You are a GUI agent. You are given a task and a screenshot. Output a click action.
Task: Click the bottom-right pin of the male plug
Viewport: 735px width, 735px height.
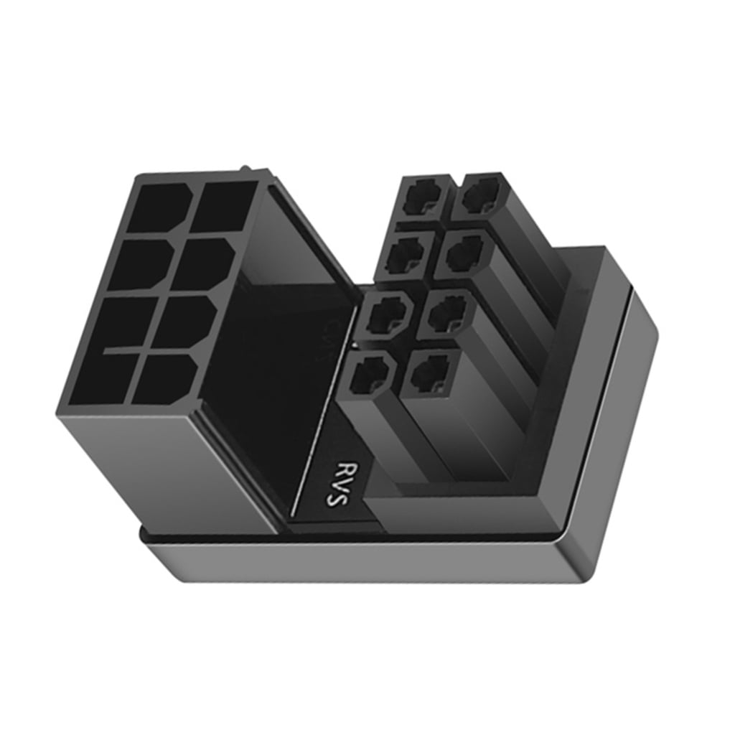pos(429,370)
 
